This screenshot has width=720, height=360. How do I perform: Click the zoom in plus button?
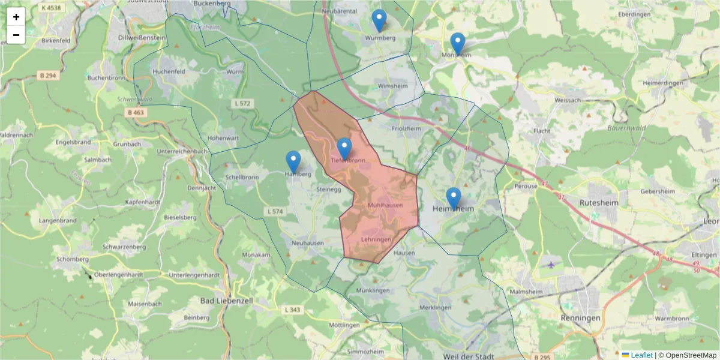[16, 17]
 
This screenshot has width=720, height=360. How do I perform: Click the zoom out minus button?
[16, 35]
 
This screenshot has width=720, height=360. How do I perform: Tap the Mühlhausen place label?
[385, 205]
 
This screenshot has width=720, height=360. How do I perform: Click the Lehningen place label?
[376, 239]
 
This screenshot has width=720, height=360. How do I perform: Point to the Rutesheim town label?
[595, 203]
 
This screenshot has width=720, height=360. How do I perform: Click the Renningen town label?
[580, 317]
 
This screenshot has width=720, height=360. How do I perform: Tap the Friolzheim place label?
[406, 128]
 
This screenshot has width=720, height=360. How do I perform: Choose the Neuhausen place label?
[308, 243]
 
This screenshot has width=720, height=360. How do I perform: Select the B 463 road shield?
[136, 112]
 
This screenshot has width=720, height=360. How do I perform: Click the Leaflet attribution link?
[641, 355]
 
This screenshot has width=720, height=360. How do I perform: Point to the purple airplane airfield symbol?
[551, 264]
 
